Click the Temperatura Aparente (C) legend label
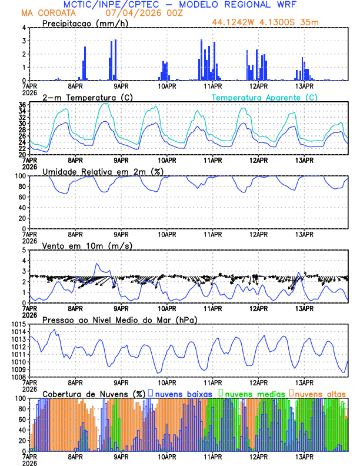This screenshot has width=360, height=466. pos(264,97)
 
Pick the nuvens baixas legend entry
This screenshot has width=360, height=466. pos(183,394)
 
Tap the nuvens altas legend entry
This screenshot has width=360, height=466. pos(320,394)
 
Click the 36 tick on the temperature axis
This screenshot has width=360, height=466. pos(21,105)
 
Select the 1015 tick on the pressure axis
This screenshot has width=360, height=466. pos(16,324)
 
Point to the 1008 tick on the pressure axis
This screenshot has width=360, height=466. pos(16,377)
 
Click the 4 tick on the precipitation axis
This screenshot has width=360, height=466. pos(24,28)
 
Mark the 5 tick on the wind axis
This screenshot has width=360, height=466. pos(24,250)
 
